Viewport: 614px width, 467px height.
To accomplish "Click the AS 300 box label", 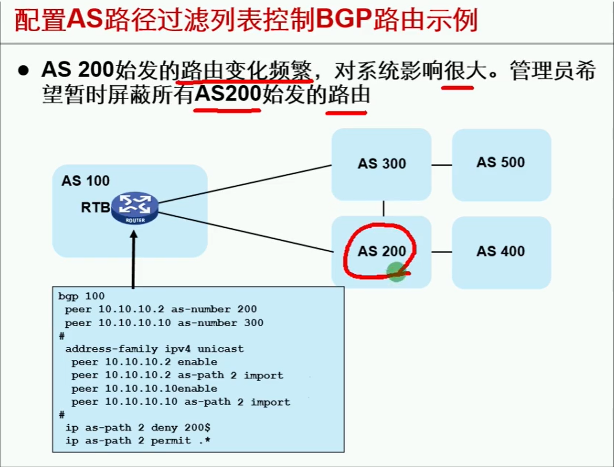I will pos(382,164).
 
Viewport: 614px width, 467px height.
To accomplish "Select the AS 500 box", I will pos(501,163).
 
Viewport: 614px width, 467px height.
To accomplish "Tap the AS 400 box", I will pos(501,251).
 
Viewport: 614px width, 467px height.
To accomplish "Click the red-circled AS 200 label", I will pos(382,251).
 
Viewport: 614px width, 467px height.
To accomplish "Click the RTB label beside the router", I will pos(95,208).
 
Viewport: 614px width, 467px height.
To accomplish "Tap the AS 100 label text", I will pos(86,181).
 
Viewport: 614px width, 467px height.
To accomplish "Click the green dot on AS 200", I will pos(396,271).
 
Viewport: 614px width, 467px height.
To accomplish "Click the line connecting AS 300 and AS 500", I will pos(442,165).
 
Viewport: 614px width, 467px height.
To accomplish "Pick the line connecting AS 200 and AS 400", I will pos(442,252).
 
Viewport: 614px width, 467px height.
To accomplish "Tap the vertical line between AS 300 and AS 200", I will pos(383,208).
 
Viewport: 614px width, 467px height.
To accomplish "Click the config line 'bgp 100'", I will pos(81,297).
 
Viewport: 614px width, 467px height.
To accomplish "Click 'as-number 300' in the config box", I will pos(221,323).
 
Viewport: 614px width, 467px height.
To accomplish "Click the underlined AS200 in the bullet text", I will pos(228,93).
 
